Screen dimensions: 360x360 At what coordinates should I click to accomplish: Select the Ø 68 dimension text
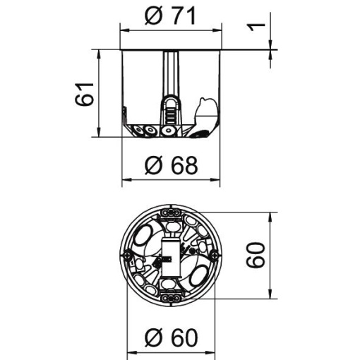pos(170,165)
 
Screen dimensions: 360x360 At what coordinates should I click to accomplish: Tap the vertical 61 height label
pos(84,93)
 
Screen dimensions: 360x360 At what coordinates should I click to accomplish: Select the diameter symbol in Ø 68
pos(152,165)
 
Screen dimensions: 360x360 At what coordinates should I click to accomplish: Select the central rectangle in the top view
pos(170,253)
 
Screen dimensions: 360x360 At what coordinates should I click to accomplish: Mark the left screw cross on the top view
pos(128,254)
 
